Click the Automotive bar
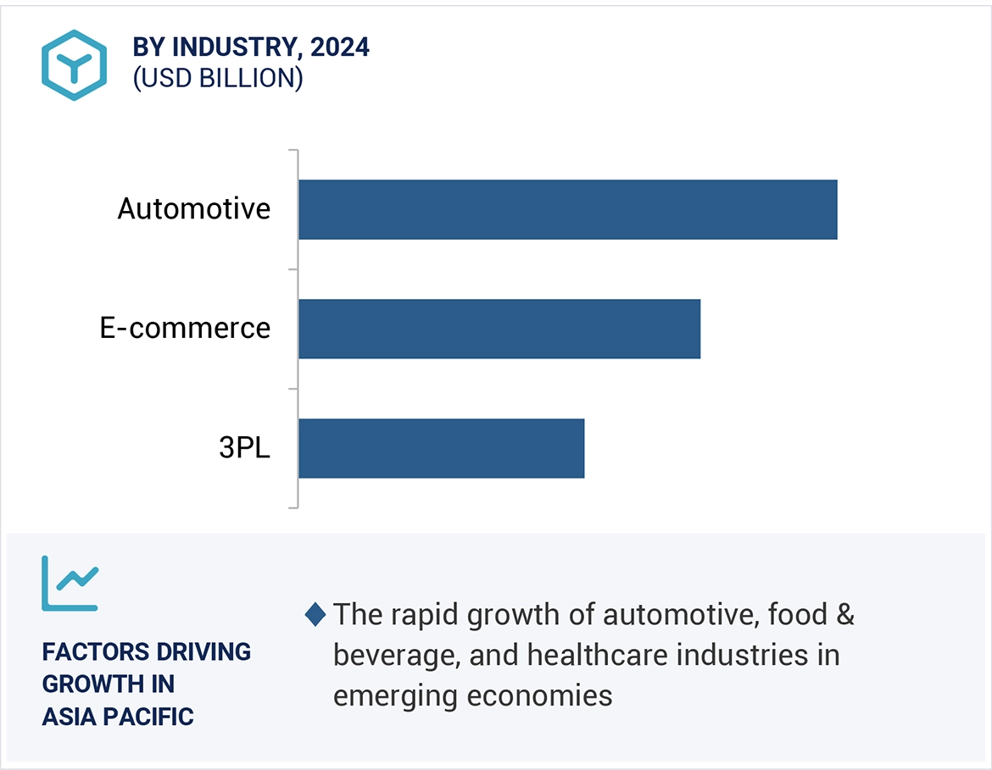coord(567,209)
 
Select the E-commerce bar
coord(499,329)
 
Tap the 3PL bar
coord(441,448)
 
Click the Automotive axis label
coord(194,209)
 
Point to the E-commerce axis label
coord(185,329)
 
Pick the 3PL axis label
coord(244,448)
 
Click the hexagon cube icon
coord(74,65)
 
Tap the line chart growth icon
coord(70,584)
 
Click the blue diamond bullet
coord(315,615)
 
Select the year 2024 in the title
coord(340,47)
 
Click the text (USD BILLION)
coord(218,78)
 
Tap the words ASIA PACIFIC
coord(118,717)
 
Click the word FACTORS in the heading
coord(94,652)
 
